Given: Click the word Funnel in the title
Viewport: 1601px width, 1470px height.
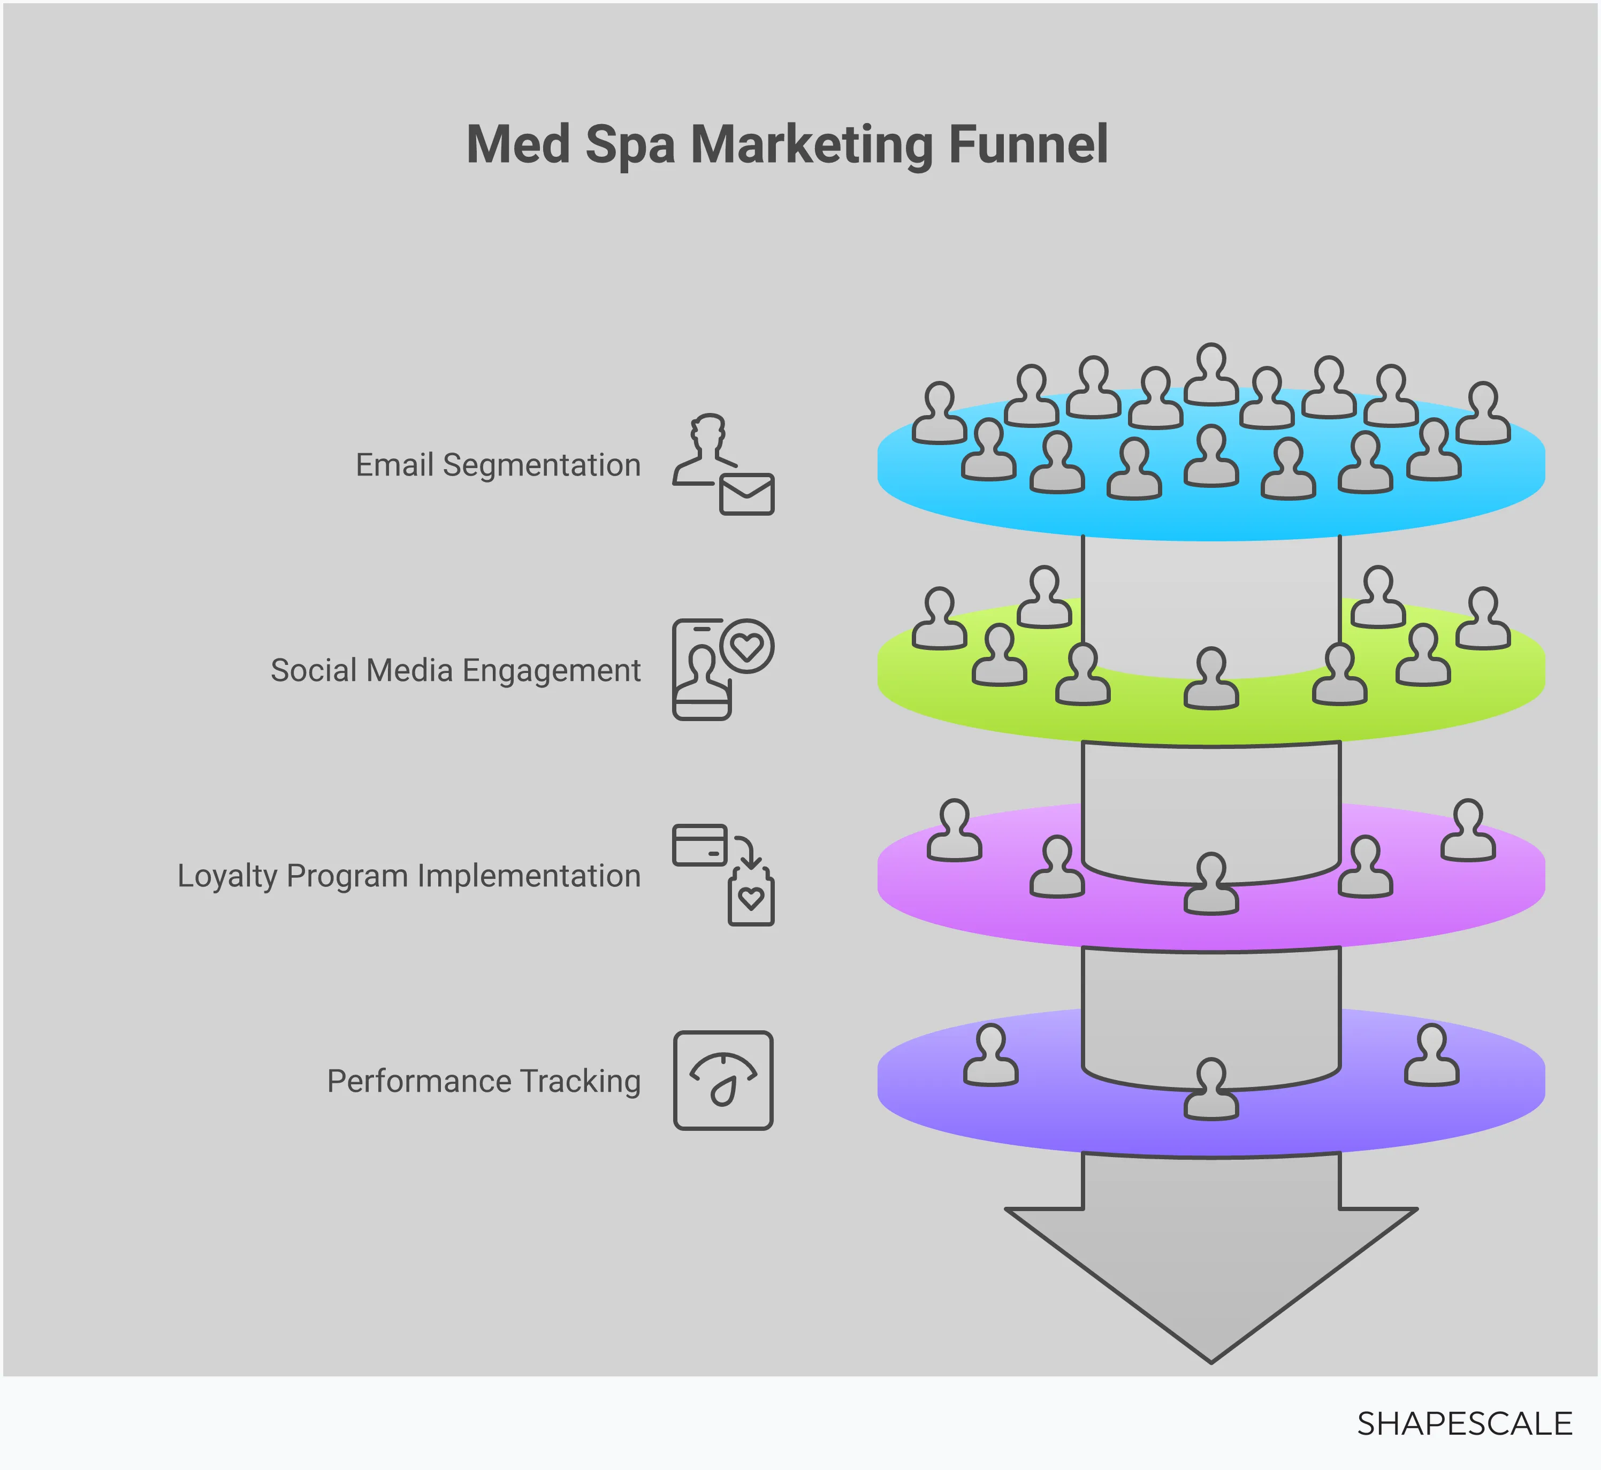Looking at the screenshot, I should point(1028,145).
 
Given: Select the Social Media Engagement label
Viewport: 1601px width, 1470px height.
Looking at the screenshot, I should point(455,671).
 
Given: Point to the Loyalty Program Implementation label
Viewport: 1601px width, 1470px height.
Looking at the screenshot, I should point(409,876).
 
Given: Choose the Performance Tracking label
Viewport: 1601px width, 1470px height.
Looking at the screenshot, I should point(484,1081).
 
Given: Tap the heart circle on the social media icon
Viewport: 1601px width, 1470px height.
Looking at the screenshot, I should point(746,646).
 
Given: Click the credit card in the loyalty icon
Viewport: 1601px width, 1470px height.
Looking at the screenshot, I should point(699,844).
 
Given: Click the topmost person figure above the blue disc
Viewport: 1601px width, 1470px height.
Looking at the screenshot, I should point(1211,374).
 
